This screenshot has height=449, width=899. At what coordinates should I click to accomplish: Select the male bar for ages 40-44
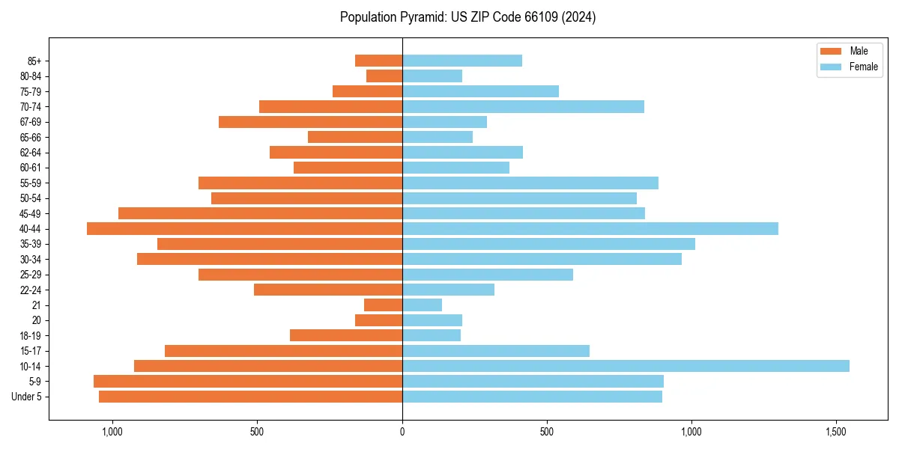pos(244,228)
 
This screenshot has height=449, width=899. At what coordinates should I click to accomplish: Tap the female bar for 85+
pos(461,61)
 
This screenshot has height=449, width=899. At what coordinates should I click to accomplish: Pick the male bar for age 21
pos(383,305)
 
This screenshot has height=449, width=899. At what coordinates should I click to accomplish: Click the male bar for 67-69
pos(310,122)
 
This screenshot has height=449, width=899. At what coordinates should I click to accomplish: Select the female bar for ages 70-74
pos(523,106)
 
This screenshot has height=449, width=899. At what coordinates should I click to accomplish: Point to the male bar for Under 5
pos(250,397)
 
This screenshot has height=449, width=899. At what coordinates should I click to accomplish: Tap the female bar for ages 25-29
pos(487,275)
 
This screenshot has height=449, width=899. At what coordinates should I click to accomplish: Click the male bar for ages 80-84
pos(384,76)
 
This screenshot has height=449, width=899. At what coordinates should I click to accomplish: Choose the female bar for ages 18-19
pos(431,335)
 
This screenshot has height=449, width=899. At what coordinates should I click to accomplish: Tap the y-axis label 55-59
pos(30,183)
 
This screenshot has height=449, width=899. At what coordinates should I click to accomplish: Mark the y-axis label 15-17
pos(30,351)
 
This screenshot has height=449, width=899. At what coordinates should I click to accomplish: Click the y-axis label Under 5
pos(27,397)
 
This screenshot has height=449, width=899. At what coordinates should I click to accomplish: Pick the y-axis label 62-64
pos(30,152)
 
